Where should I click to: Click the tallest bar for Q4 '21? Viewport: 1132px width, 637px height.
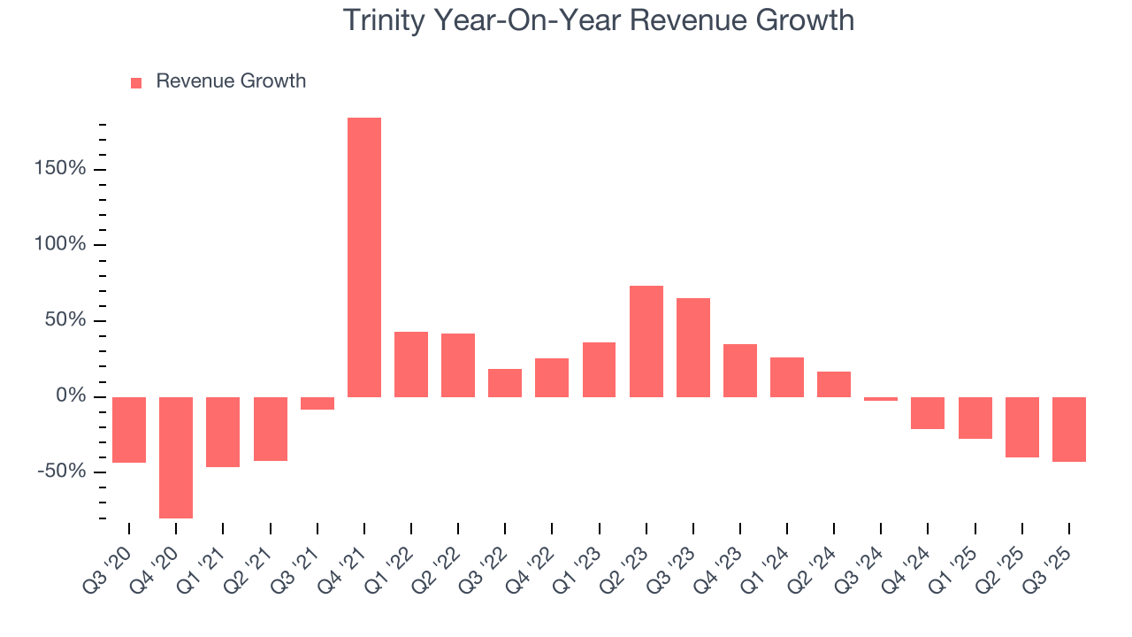tap(363, 257)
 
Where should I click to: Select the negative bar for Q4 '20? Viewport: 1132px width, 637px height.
tap(176, 457)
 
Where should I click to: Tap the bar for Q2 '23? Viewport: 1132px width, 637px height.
tap(646, 342)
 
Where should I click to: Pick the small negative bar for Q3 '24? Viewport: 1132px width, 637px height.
tap(881, 399)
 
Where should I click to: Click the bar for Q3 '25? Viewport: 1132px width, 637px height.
tap(1069, 429)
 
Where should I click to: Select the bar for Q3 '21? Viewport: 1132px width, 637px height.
tap(317, 403)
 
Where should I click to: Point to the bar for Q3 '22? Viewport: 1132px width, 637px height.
tap(505, 383)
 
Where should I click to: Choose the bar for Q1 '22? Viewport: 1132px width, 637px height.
tap(411, 365)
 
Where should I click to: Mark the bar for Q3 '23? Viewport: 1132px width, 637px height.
tap(693, 348)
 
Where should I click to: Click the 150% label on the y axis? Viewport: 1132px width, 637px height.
tap(61, 169)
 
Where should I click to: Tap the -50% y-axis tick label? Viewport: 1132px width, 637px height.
tap(61, 472)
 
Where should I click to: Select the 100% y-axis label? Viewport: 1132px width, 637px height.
tap(61, 244)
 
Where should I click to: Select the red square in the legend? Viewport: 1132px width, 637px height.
tap(136, 83)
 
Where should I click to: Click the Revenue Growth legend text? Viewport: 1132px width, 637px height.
tap(231, 81)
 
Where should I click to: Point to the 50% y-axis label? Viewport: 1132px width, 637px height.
tap(65, 320)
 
